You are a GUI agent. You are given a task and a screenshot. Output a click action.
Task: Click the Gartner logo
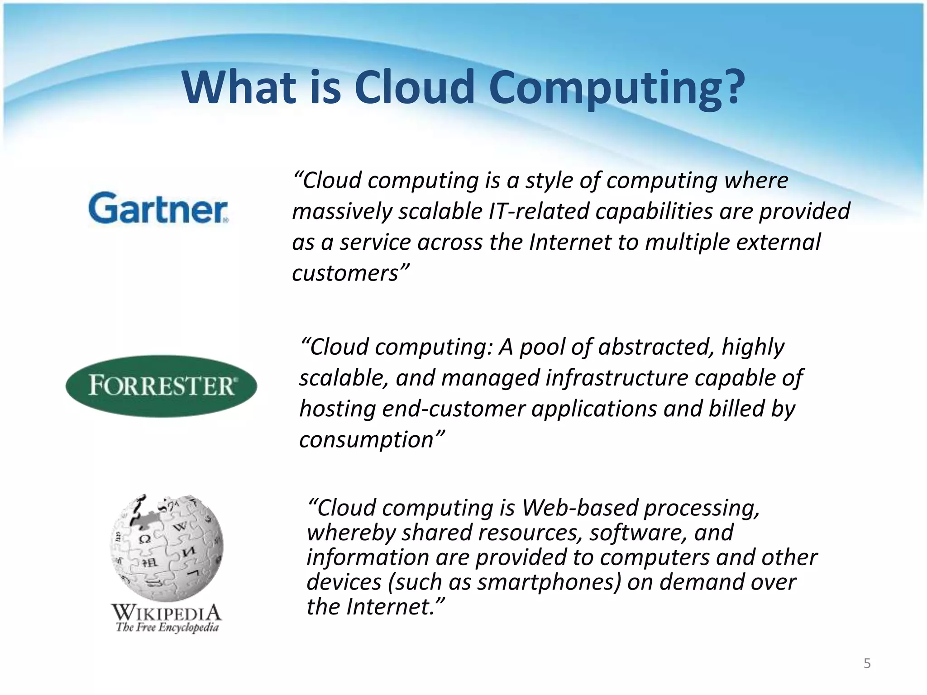pos(158,208)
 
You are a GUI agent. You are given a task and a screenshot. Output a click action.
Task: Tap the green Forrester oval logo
pos(162,386)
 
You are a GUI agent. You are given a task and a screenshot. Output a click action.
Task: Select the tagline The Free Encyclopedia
pos(167,628)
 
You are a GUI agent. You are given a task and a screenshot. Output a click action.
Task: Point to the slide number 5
pos(867,664)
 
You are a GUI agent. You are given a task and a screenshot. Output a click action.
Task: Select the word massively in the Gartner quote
pos(342,212)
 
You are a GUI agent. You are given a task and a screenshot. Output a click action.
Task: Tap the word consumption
pos(367,440)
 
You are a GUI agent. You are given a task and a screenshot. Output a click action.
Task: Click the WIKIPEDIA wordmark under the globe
pos(167,613)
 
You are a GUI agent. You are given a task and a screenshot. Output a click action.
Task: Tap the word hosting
pos(338,409)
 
